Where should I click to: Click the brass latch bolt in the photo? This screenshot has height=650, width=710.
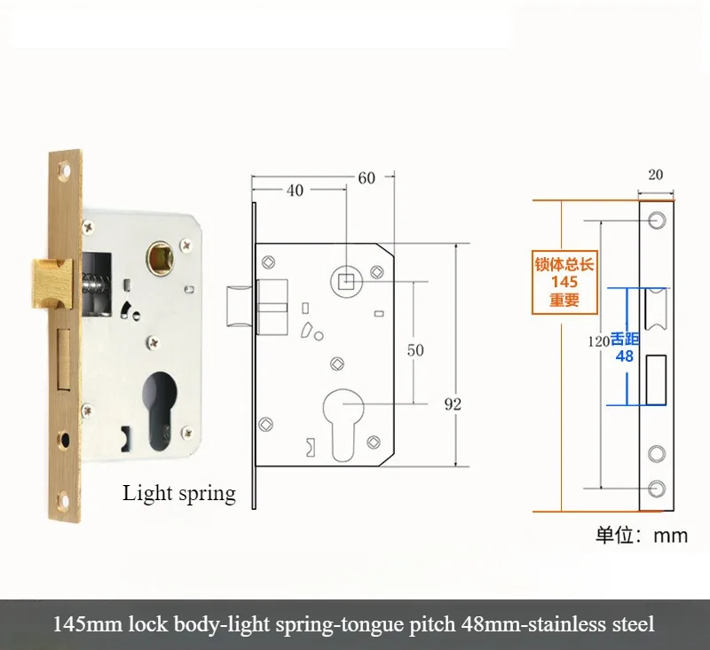[x=52, y=284]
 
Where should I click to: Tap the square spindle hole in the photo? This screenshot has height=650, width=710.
[x=160, y=258]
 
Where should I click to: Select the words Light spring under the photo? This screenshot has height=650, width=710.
[x=179, y=494]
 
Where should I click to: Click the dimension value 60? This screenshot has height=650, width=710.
[x=367, y=178]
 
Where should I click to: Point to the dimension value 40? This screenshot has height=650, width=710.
[x=295, y=191]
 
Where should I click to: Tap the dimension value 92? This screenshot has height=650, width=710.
[x=453, y=404]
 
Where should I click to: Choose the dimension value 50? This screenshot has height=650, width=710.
[x=415, y=350]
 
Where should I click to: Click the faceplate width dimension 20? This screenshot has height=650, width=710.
[x=656, y=175]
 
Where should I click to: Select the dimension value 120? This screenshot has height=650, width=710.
[x=598, y=341]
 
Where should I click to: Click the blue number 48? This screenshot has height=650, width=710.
[x=625, y=356]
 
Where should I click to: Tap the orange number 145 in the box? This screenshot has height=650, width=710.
[x=564, y=282]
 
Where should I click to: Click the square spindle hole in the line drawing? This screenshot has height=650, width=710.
[x=346, y=281]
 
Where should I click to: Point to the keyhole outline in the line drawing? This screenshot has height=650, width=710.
[x=344, y=425]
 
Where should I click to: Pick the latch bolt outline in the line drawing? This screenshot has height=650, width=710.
[x=240, y=305]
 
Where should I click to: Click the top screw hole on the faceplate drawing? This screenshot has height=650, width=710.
[x=657, y=221]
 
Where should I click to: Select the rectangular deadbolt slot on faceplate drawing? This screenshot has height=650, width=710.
[x=656, y=380]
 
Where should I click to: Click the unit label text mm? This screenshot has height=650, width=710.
[x=671, y=536]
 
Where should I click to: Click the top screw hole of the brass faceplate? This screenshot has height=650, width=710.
[x=66, y=171]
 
